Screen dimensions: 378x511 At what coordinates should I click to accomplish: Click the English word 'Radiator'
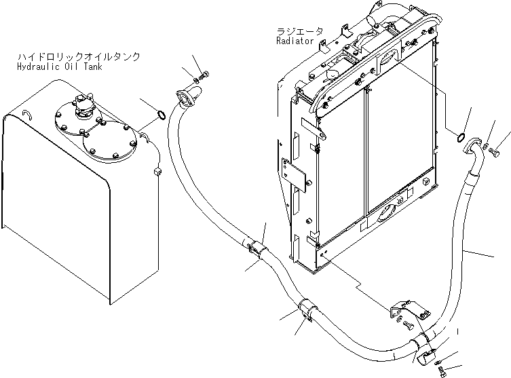point(295,41)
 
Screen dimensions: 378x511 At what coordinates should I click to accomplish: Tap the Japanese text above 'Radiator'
point(300,31)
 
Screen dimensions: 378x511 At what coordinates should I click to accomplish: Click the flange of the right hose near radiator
point(474,147)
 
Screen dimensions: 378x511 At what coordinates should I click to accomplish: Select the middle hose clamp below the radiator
point(303,309)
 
